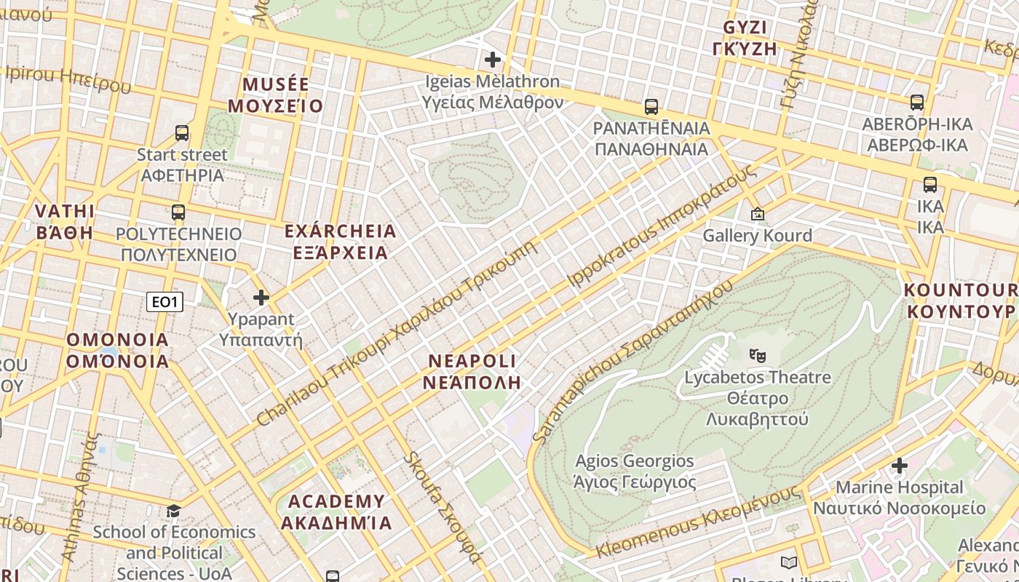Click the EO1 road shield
164,301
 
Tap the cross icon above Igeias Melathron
493,59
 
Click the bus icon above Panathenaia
651,107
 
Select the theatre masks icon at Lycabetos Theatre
758,356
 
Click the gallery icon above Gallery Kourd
758,214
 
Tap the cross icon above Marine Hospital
900,466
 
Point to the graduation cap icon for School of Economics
174,511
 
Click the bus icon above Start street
182,133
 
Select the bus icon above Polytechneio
178,212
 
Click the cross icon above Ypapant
261,298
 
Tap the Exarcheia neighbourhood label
341,242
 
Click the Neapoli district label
472,371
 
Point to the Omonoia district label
117,350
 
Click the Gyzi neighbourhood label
750,38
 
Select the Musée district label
275,95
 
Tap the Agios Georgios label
635,471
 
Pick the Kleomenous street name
699,523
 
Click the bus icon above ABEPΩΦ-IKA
917,103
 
